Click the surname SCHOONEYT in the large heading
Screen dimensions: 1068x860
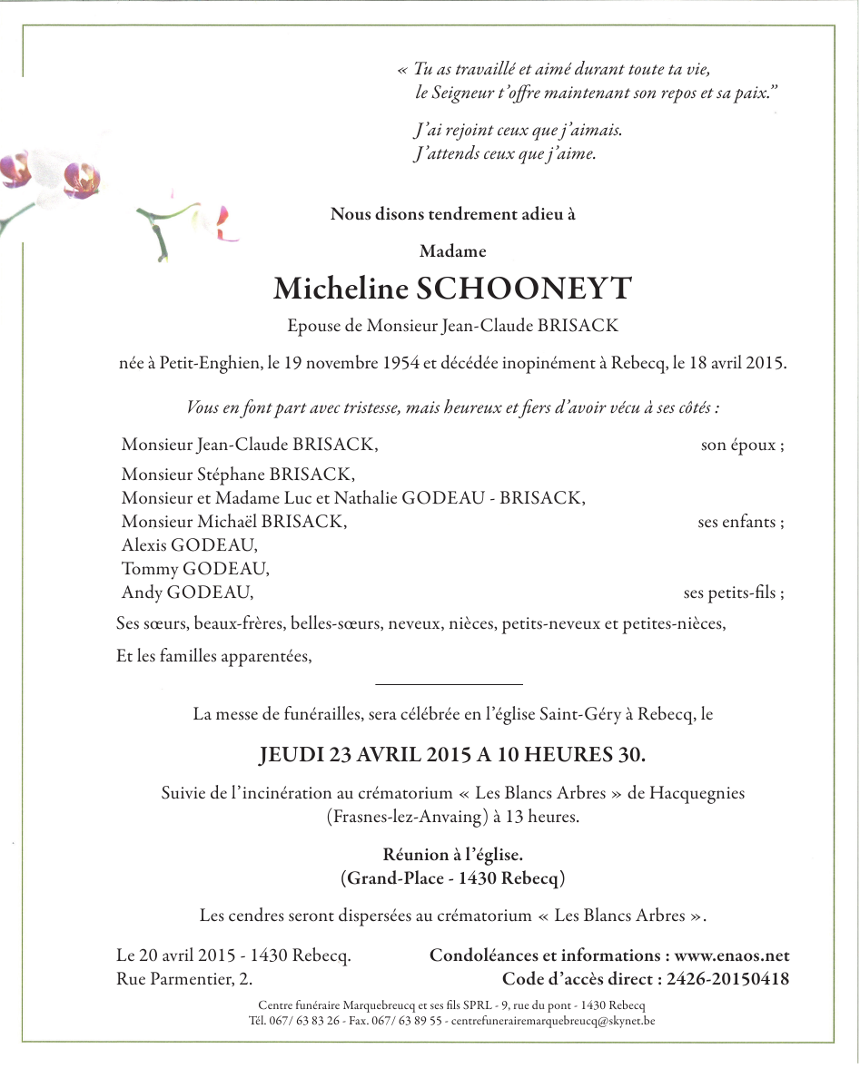[x=523, y=289]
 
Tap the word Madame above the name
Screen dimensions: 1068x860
[x=453, y=251]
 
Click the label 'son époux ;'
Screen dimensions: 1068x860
[x=742, y=446]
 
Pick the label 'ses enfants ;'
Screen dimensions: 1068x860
[x=740, y=522]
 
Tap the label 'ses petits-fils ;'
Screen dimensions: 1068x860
[x=733, y=593]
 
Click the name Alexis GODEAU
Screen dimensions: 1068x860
[x=189, y=545]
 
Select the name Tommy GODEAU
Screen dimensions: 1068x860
[x=194, y=569]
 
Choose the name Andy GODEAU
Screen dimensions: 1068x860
[x=187, y=593]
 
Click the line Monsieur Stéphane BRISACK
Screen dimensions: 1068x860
[x=238, y=475]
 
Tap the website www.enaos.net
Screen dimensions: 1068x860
[x=732, y=955]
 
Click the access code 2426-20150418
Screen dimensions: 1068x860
[x=727, y=979]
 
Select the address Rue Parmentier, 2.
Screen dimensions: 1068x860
[x=185, y=979]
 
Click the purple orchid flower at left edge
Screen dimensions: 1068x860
[x=80, y=178]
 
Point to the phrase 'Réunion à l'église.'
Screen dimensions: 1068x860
[x=453, y=855]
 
